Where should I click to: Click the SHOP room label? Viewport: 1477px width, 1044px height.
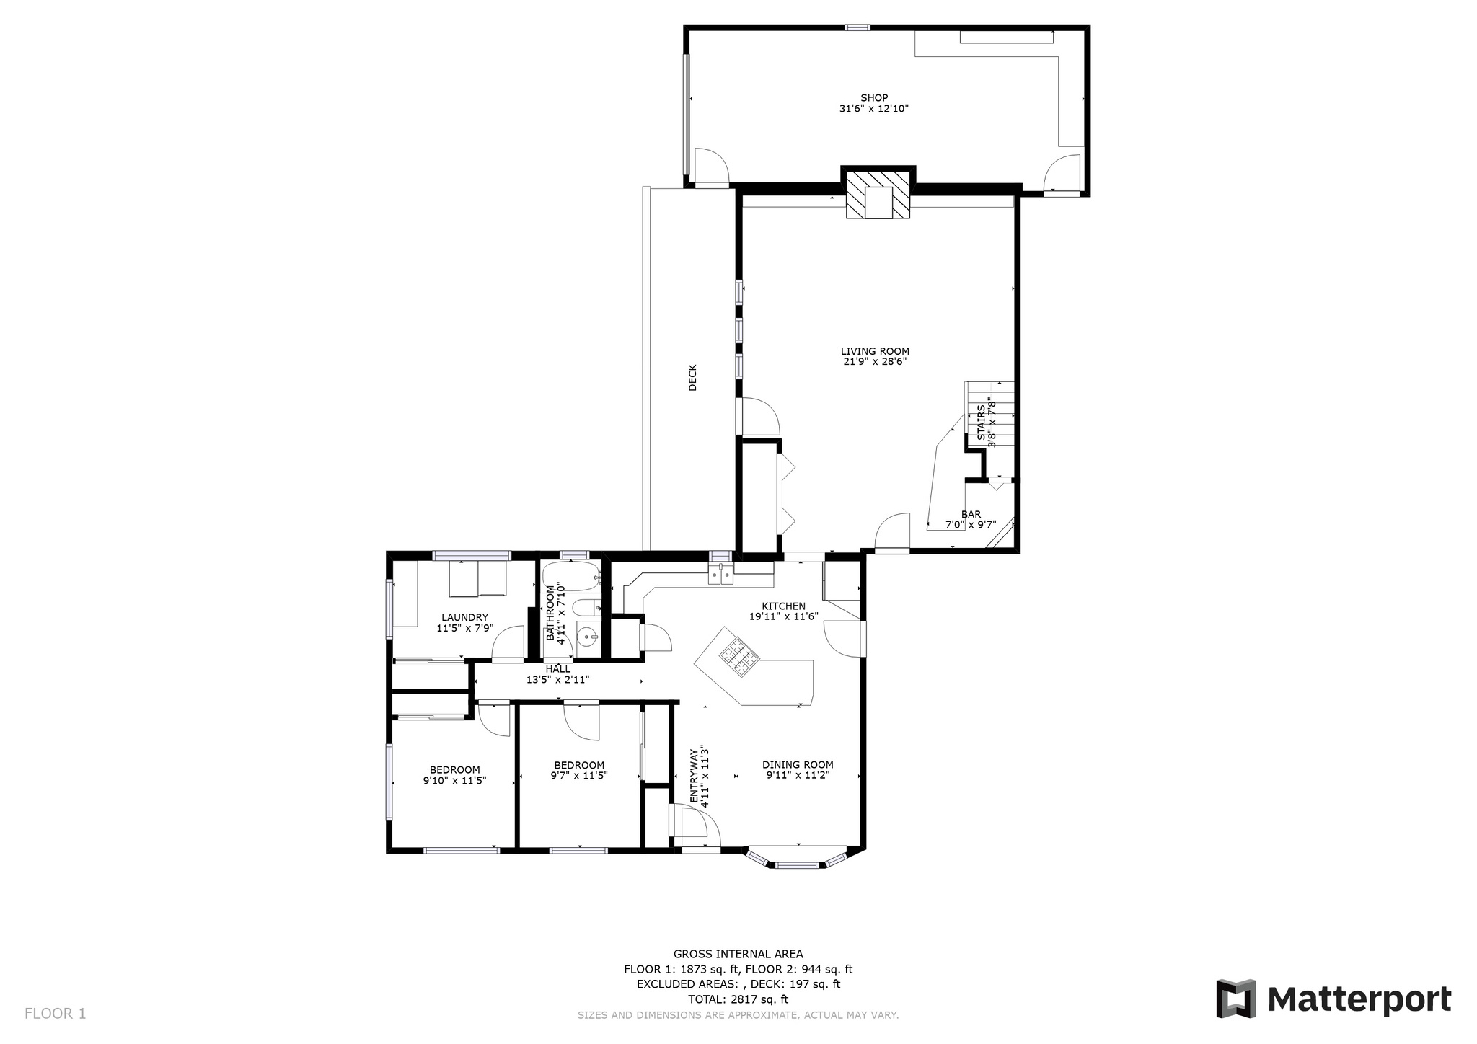874,98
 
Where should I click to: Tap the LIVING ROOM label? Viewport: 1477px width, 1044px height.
875,351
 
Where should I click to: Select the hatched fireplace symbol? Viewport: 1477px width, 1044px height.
878,194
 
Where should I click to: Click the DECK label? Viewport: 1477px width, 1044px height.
692,377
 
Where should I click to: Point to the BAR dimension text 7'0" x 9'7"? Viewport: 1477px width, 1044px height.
971,525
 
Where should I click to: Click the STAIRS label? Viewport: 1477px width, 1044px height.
981,422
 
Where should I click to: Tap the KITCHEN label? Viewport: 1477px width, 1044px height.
783,606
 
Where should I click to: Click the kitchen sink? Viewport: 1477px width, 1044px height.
720,575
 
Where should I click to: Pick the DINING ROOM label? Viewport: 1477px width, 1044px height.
798,765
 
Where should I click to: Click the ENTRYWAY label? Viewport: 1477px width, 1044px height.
695,776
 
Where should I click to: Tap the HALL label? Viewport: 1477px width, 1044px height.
558,669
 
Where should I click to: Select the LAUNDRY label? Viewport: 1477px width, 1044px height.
465,617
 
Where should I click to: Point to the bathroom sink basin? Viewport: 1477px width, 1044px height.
588,637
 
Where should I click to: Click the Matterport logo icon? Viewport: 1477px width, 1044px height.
1235,999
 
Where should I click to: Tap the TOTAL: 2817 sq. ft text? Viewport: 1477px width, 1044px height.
738,999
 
